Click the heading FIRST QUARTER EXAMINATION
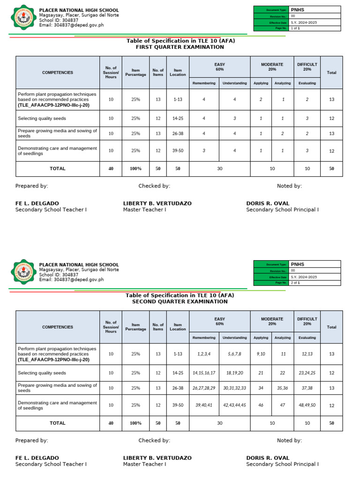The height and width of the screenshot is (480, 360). click(x=180, y=47)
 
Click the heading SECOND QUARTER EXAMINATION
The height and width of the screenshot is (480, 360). click(x=180, y=301)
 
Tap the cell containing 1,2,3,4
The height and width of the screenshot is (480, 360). click(x=204, y=354)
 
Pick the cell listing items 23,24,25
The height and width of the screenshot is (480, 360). click(x=307, y=373)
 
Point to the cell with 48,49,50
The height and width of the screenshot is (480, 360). click(x=307, y=405)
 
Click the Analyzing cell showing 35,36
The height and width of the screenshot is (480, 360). click(x=283, y=388)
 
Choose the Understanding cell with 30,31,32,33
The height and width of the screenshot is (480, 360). click(x=234, y=388)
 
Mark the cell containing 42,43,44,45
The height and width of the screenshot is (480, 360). click(x=234, y=405)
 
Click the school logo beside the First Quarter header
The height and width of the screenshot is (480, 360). click(x=22, y=18)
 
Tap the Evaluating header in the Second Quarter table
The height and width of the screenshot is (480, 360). click(x=307, y=337)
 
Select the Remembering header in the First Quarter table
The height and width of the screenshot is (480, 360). click(x=204, y=83)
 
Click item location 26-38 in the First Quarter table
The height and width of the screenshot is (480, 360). click(x=178, y=134)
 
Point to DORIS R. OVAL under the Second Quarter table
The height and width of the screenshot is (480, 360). click(x=268, y=458)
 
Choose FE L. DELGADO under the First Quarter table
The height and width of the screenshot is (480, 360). click(x=37, y=203)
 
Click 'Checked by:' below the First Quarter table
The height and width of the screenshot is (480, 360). click(x=154, y=186)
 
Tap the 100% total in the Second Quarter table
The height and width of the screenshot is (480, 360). click(x=135, y=423)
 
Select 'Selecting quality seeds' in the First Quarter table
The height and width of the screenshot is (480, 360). click(x=42, y=119)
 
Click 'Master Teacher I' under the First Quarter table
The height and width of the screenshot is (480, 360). click(x=144, y=210)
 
